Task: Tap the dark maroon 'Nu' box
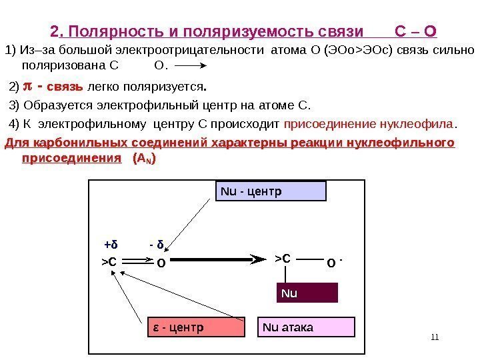pos(307,292)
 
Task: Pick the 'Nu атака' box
pos(307,327)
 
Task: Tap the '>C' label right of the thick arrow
pos(283,258)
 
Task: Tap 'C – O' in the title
pos(416,31)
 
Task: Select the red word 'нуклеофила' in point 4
pos(415,123)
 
